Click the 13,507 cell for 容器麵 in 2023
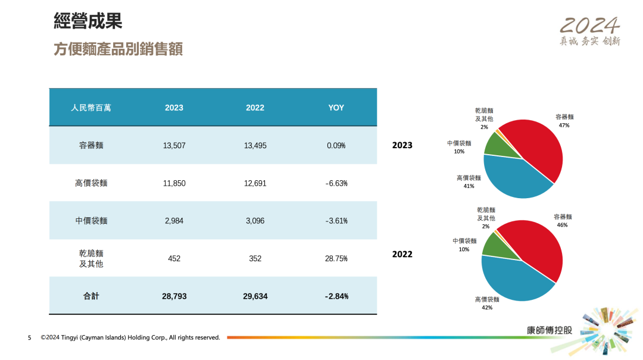coord(174,145)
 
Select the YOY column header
coord(336,108)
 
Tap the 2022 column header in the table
coord(255,108)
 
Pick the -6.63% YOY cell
coord(336,183)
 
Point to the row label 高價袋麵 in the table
coord(91,183)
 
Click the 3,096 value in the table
coord(255,221)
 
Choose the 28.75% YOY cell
coord(336,259)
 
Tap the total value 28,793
coord(174,296)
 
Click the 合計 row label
coord(91,296)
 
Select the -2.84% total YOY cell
coord(336,296)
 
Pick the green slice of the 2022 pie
coord(494,243)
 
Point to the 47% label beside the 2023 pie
coord(564,126)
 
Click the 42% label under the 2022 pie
coord(486,308)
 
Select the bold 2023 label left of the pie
coord(402,145)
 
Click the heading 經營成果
coord(88,22)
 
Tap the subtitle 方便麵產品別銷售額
coord(118,49)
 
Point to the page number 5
coord(29,338)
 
